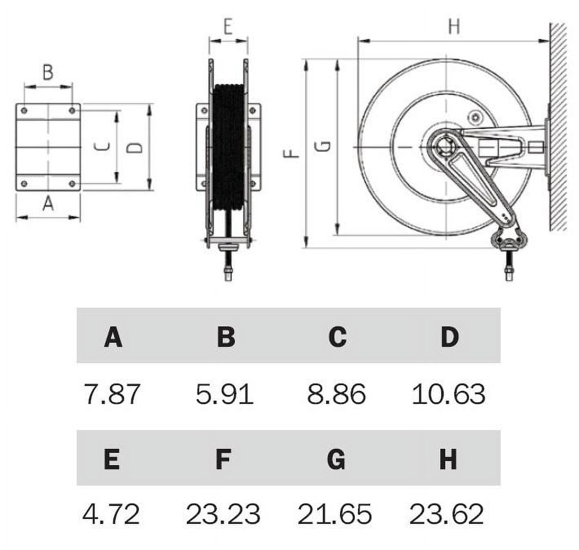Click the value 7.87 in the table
point(112,394)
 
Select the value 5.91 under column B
point(224,394)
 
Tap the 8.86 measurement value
point(336,394)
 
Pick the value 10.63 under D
point(449,394)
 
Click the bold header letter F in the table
point(223,459)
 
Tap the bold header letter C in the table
point(337,337)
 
